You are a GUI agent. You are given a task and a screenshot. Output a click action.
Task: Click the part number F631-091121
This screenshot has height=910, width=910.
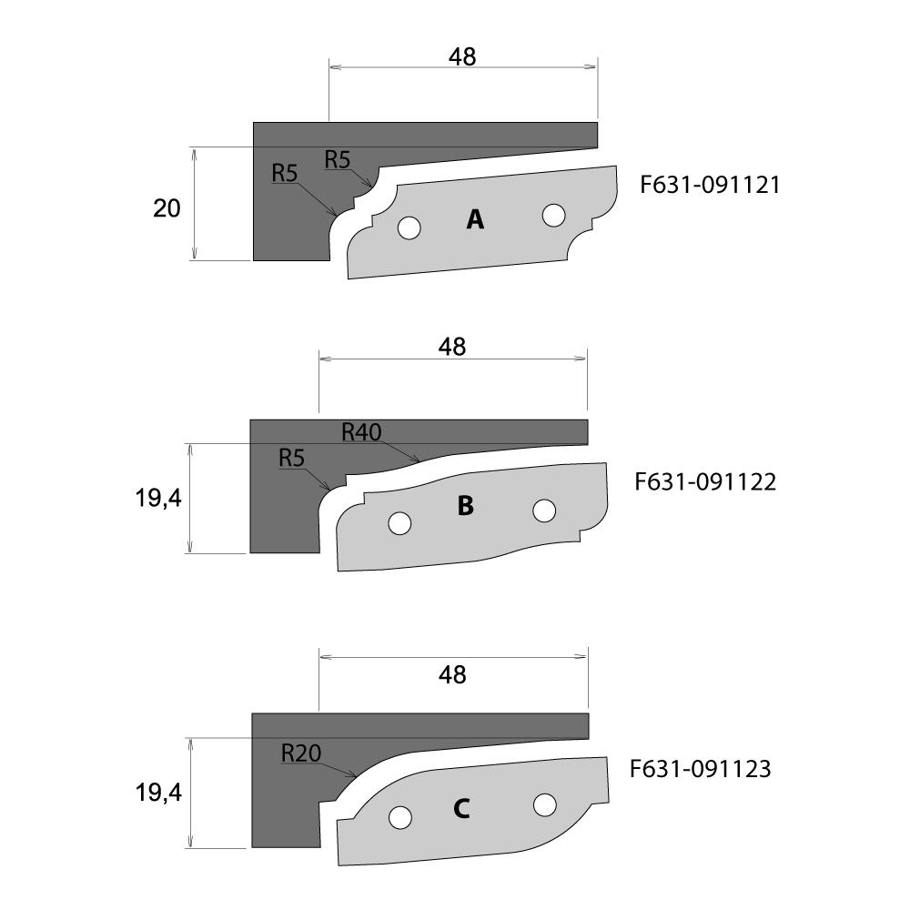pos(710,185)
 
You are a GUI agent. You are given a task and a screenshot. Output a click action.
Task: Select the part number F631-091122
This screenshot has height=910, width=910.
pos(705,481)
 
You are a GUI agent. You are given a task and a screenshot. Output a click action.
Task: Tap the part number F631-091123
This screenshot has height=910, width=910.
pos(701,769)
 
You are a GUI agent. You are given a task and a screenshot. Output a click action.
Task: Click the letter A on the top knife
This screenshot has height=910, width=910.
pos(475,219)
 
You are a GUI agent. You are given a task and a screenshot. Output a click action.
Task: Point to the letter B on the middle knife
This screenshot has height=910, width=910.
pos(465,505)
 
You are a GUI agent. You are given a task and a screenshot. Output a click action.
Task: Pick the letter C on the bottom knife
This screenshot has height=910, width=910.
pos(461,808)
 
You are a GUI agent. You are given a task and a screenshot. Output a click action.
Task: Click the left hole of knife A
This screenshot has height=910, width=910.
pos(409,227)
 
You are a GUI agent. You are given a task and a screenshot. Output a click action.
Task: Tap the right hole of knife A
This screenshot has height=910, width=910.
pos(553,216)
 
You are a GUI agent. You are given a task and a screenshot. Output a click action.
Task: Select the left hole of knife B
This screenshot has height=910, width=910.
pos(399,523)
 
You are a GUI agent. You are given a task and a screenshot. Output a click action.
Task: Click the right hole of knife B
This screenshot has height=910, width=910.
pos(544,511)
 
